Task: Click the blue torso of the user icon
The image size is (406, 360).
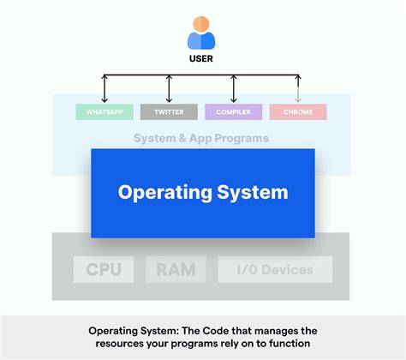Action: click(202, 41)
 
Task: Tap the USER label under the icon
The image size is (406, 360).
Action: click(202, 61)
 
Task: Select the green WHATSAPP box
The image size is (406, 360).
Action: click(104, 111)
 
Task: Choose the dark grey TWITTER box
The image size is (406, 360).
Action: click(169, 111)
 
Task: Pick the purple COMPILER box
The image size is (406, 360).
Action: click(233, 111)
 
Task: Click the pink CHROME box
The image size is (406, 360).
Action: click(297, 111)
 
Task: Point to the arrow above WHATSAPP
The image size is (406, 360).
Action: click(104, 89)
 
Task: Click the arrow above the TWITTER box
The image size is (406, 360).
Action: click(169, 89)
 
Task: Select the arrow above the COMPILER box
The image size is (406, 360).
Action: click(233, 89)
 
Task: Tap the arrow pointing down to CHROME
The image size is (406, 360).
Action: click(297, 89)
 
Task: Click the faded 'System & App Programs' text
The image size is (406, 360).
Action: click(201, 138)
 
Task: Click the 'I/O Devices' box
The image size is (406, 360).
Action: click(275, 270)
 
